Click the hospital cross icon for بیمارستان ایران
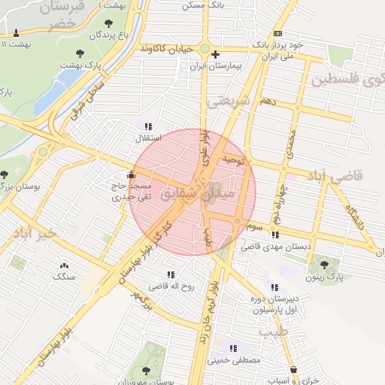tap(216, 54)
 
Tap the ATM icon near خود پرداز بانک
tap(278, 33)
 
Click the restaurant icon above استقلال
tap(148, 126)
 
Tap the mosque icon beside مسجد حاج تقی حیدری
tap(132, 174)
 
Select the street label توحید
tap(235, 160)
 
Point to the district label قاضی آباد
tap(335, 175)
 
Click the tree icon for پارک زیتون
tap(324, 265)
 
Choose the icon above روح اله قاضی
tap(171, 274)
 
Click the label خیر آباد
tap(29, 234)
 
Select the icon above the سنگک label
tap(63, 265)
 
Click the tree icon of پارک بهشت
tap(80, 53)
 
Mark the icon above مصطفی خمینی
tap(233, 348)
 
